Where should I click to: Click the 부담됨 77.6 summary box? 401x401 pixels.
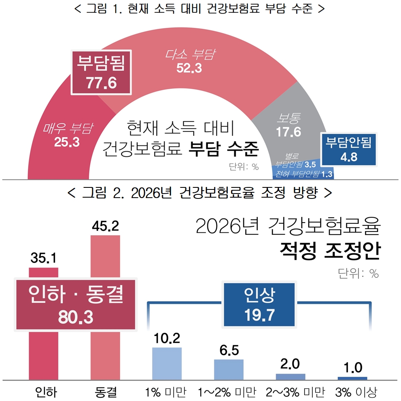101,72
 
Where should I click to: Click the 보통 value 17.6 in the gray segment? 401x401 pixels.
288,132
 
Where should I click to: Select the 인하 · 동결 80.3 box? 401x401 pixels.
76,305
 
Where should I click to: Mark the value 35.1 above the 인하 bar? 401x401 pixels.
43,259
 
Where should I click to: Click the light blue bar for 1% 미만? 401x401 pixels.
167,363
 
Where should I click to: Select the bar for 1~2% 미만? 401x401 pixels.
229,369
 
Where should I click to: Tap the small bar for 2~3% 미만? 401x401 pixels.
290,376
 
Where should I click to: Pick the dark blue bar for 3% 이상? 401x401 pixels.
352,378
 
